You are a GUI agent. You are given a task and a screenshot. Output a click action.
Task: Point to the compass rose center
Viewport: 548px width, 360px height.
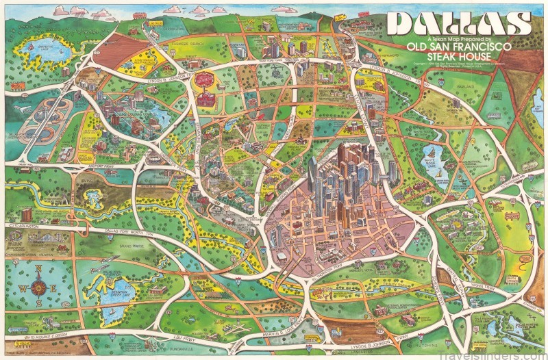point(38,287)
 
